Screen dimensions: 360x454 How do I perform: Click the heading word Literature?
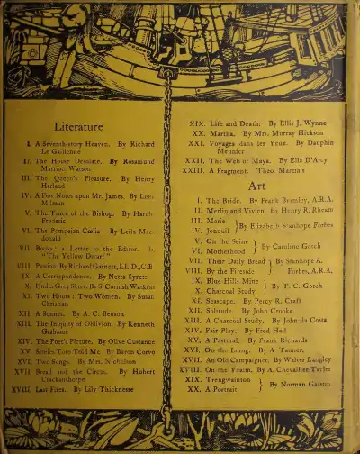tap(78, 127)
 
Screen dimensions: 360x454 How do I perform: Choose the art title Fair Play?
tap(224, 331)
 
